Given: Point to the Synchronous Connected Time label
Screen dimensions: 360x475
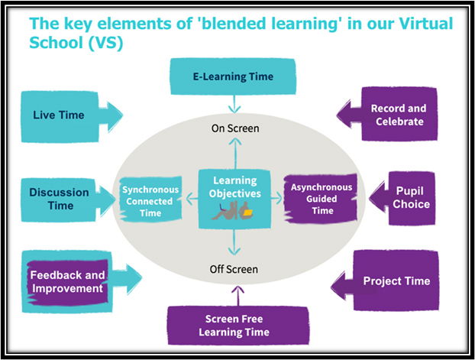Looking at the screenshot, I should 150,201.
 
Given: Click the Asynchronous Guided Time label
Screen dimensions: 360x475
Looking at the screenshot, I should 318,198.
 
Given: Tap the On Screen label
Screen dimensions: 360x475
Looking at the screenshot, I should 234,128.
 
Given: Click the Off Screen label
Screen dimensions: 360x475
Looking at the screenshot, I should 234,269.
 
